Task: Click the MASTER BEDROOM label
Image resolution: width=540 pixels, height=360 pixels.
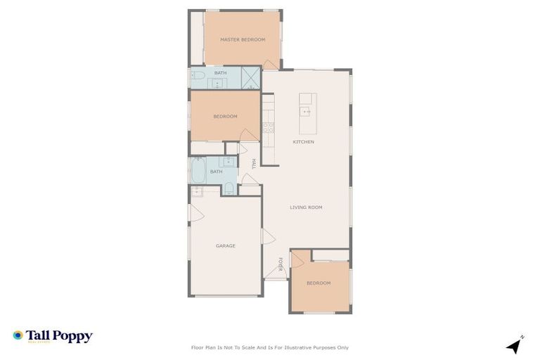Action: click(x=243, y=39)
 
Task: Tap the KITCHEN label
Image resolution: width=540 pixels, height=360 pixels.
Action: click(x=304, y=142)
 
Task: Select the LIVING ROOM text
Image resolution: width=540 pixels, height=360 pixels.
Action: click(x=307, y=207)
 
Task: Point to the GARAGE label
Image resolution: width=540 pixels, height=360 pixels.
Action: click(x=225, y=245)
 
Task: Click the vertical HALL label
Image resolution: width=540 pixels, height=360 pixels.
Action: click(x=253, y=164)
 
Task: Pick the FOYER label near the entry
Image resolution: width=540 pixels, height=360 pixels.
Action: click(x=279, y=264)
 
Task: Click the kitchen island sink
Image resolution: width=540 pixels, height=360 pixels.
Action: click(x=306, y=111)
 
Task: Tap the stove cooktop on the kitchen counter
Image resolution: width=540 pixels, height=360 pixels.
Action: click(x=268, y=127)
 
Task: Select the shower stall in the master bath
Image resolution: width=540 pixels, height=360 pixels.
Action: click(x=251, y=77)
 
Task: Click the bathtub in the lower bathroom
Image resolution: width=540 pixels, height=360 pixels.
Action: click(x=198, y=170)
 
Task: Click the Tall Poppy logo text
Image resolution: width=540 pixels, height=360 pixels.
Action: click(x=59, y=336)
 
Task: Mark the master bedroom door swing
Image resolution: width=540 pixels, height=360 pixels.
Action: click(x=269, y=64)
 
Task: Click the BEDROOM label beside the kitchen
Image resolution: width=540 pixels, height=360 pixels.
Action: click(x=225, y=116)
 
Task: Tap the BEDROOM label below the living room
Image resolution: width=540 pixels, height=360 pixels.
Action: click(x=319, y=283)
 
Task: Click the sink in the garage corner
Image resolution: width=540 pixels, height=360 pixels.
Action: click(x=198, y=191)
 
